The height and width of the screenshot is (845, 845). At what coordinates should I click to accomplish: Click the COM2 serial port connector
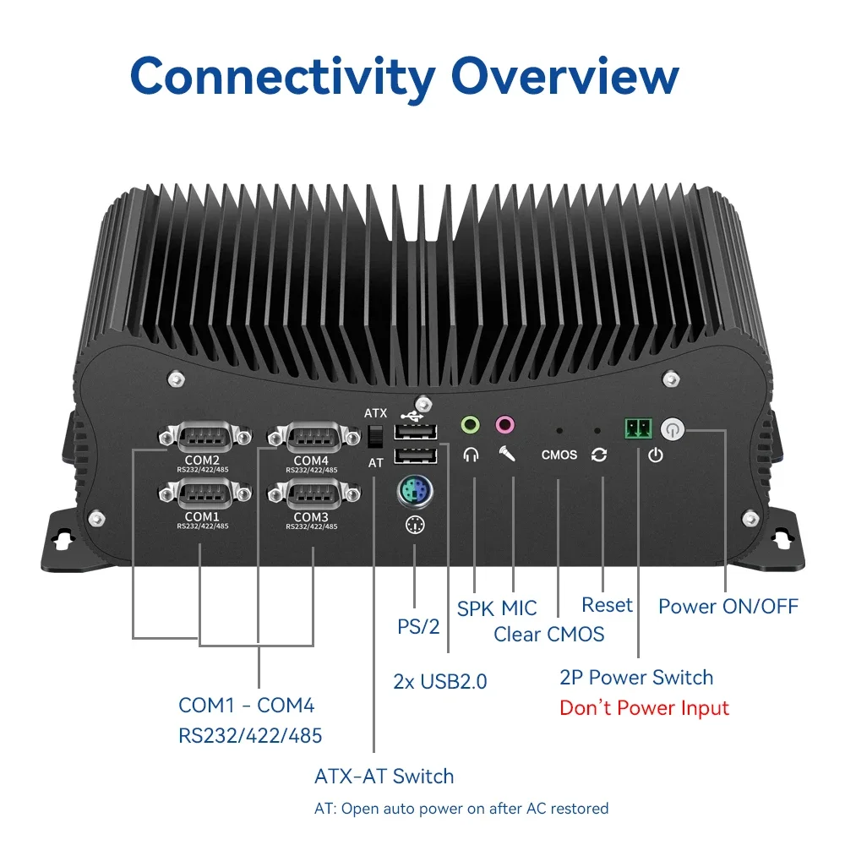[204, 438]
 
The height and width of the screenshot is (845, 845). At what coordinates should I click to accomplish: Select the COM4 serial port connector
[313, 438]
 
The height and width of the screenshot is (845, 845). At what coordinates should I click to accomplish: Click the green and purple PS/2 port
[415, 491]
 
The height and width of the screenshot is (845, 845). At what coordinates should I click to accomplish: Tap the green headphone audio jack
[470, 423]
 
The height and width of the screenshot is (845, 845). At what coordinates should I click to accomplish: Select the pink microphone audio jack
[504, 423]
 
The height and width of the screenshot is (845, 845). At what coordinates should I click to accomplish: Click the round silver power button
[672, 429]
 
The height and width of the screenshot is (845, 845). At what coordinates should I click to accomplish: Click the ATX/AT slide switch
[377, 437]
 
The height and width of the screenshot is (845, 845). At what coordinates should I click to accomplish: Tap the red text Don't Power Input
[644, 707]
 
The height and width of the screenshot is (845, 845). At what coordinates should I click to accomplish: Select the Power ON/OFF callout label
[728, 606]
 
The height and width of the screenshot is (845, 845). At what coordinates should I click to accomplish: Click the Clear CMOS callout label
[548, 634]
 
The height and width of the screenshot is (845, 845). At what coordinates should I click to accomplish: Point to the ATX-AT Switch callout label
[384, 776]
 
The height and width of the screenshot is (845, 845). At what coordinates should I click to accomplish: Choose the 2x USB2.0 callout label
[440, 681]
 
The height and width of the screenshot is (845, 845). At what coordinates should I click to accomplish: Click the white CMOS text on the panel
[559, 455]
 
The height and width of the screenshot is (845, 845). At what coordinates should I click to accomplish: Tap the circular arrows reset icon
[599, 455]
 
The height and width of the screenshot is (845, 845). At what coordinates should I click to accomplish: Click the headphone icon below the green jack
[471, 455]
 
